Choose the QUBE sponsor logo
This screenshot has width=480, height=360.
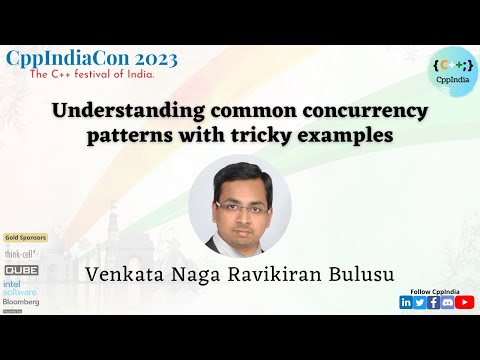[x=22, y=270]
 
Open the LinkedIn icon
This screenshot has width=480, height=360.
[x=406, y=302]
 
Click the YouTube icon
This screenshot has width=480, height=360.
[x=465, y=302]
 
